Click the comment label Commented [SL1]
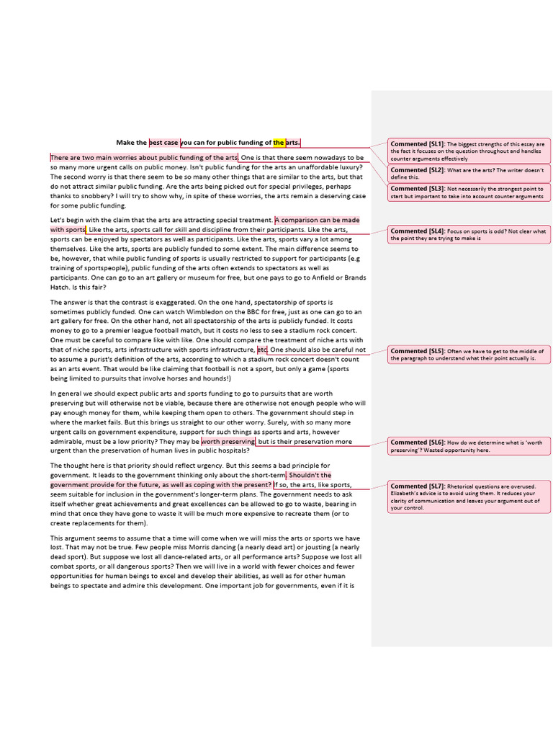(x=418, y=144)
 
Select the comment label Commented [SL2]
(x=418, y=170)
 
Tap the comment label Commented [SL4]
(x=418, y=231)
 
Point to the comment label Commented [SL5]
(x=418, y=350)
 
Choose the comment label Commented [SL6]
(x=418, y=442)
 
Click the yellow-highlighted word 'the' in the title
(x=279, y=143)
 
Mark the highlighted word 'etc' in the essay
(x=262, y=350)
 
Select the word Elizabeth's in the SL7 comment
(x=407, y=494)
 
